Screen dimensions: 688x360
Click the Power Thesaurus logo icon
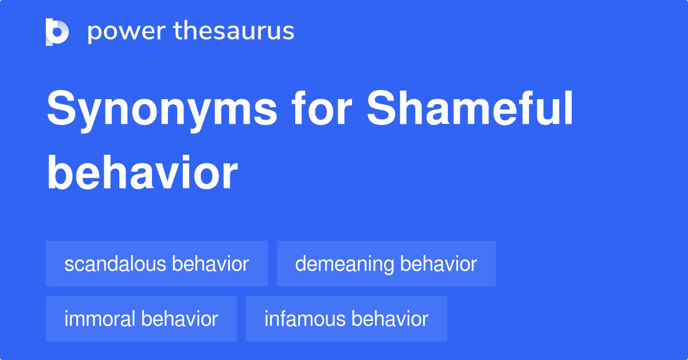(57, 32)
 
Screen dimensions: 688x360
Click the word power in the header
(127, 32)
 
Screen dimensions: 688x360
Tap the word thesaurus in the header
(234, 30)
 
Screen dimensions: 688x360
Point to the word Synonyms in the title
(162, 111)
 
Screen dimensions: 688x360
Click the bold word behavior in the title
(142, 173)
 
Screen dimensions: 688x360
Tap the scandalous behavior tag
(157, 264)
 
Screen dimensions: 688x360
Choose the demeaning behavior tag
(386, 264)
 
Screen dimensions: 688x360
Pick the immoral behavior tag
(141, 319)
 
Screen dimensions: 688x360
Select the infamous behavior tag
(346, 319)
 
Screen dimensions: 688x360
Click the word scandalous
(115, 264)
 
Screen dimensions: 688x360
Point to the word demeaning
(345, 264)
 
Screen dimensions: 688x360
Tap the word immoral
(99, 319)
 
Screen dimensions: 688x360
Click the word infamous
(304, 319)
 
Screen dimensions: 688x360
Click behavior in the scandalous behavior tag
(210, 264)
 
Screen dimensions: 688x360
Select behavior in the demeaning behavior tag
(439, 264)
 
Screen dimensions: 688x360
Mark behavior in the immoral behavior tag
(179, 319)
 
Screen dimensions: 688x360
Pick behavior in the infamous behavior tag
(390, 319)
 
